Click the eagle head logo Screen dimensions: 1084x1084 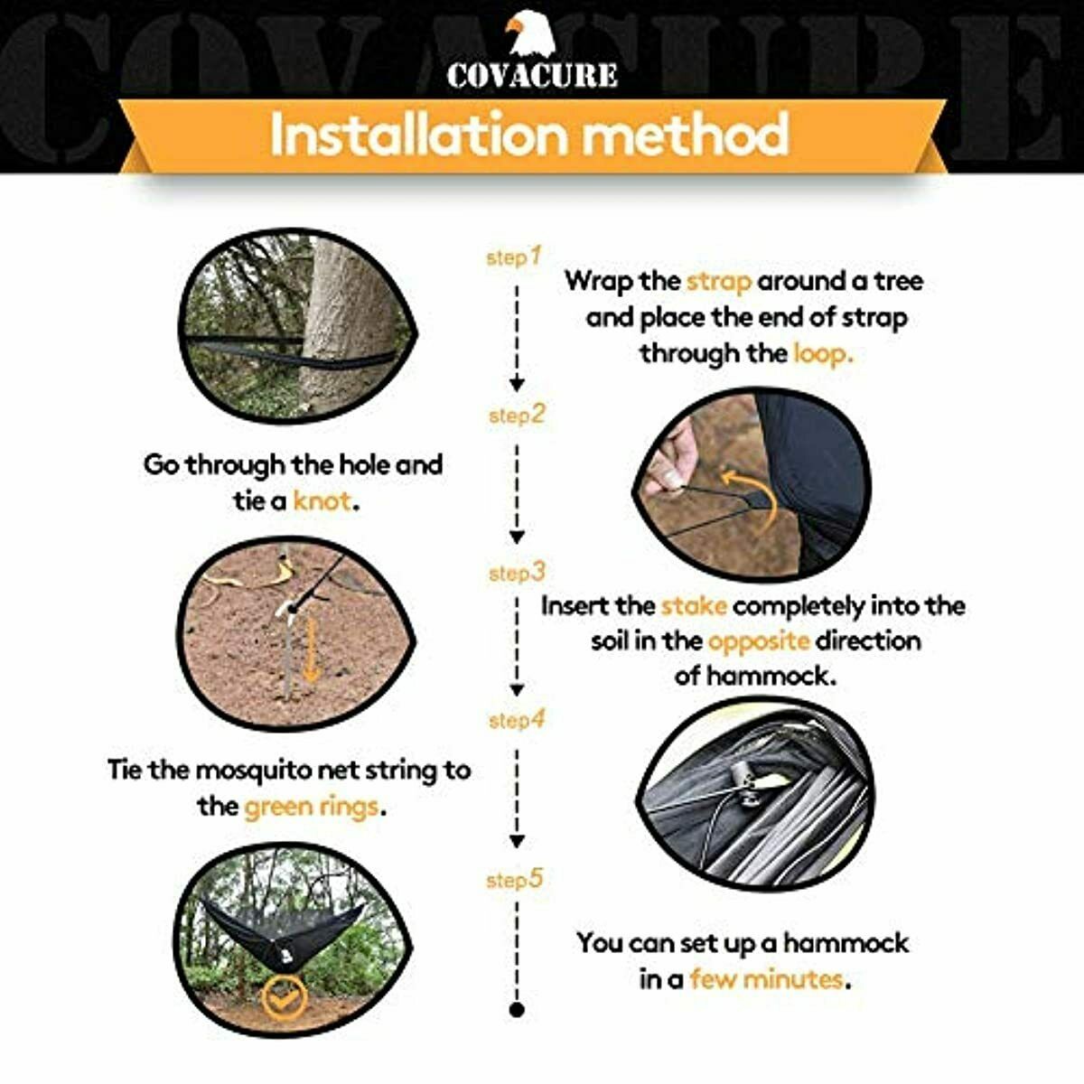click(529, 34)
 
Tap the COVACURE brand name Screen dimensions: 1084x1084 click(532, 75)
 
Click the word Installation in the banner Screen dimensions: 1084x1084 click(417, 134)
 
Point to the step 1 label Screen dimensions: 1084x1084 click(513, 257)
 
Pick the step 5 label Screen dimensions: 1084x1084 click(514, 879)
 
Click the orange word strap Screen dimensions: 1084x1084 click(719, 282)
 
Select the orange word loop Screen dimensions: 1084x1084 click(823, 354)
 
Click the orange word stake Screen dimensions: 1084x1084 click(694, 606)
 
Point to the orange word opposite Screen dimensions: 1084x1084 click(759, 641)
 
